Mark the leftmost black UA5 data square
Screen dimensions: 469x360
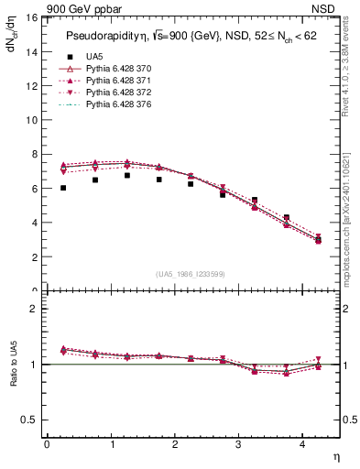coord(63,188)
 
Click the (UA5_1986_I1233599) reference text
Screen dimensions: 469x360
coord(191,274)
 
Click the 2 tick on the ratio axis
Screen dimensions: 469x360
coord(32,309)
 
